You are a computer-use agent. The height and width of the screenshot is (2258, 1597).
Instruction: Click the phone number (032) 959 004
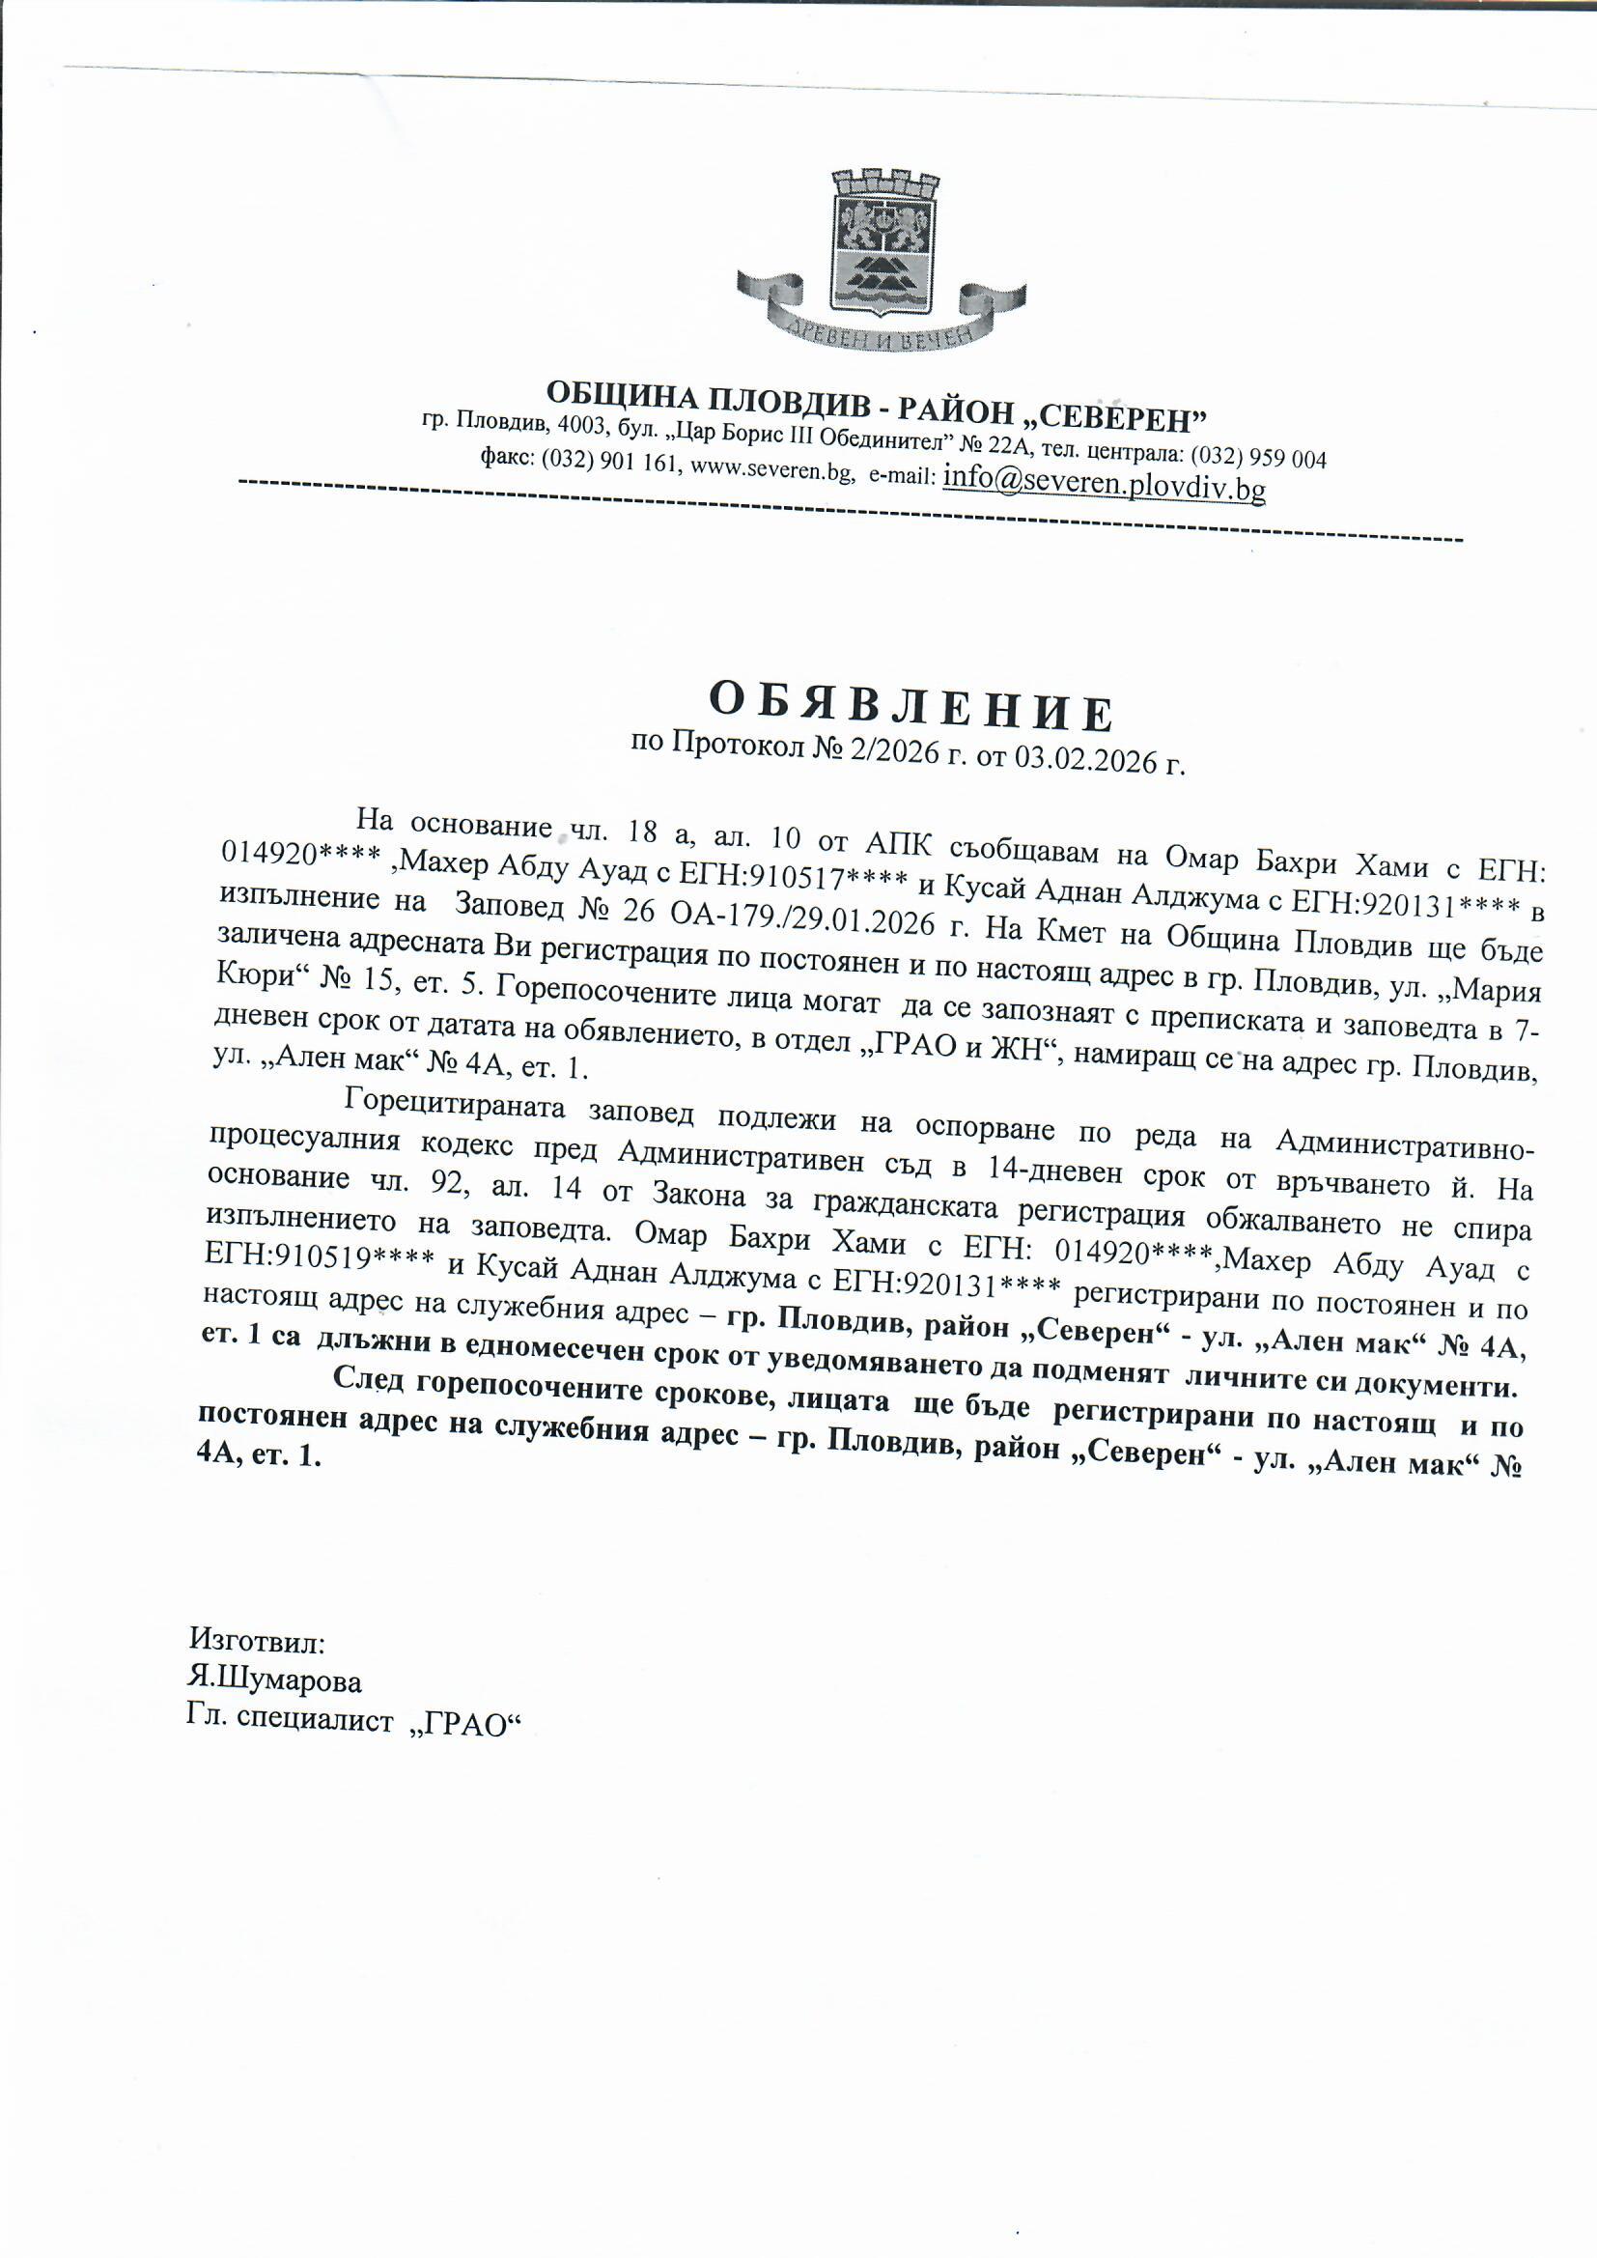[1259, 458]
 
